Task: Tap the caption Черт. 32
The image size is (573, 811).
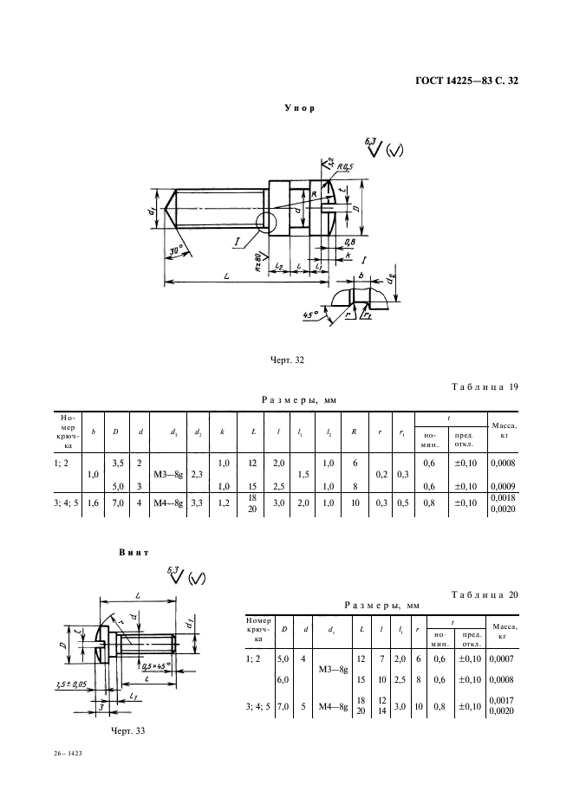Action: click(x=287, y=358)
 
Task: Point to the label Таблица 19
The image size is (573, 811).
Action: click(x=485, y=386)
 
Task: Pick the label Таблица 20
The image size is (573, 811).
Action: click(x=485, y=594)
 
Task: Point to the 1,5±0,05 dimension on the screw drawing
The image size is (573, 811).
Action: click(x=64, y=684)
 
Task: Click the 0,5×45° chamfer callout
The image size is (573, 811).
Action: click(x=152, y=666)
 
